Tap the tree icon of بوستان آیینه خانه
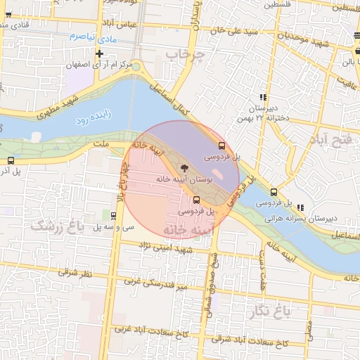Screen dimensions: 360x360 184,168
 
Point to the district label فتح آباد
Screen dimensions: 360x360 330,139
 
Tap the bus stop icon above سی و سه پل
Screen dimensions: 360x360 114,214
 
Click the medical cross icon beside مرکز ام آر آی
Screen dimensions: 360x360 100,53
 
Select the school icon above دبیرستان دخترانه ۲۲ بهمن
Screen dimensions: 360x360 262,97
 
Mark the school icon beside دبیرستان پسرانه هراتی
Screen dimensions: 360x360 301,207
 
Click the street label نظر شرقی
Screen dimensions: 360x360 71,271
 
